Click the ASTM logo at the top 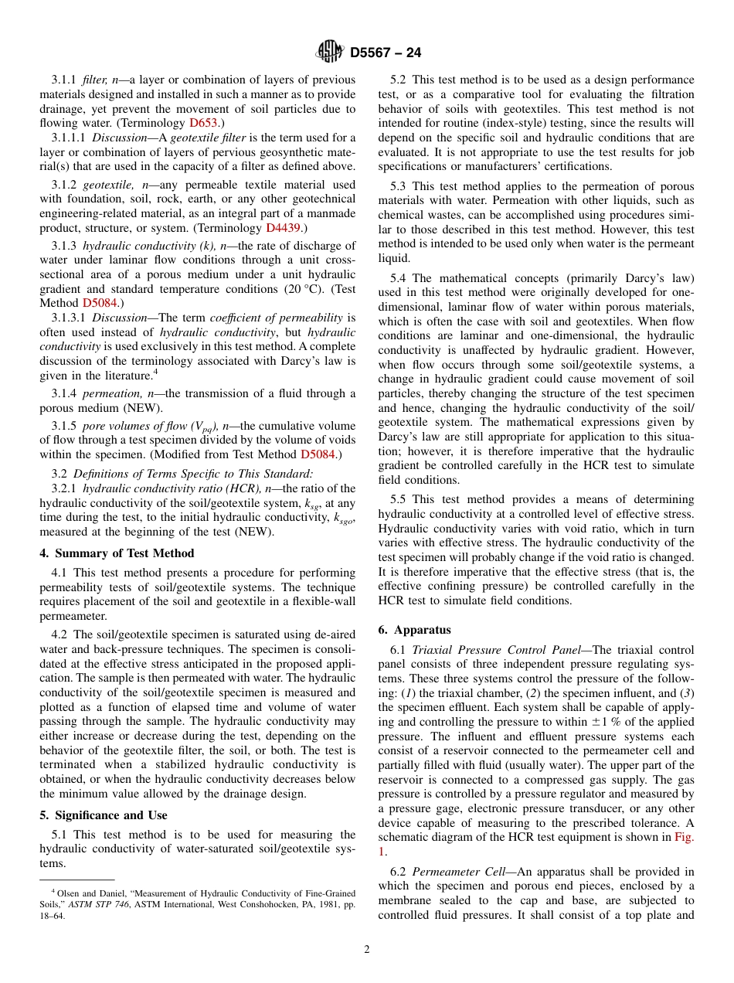coord(330,53)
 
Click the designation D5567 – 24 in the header coord(386,53)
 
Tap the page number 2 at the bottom coord(367,950)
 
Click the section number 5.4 coord(399,278)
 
